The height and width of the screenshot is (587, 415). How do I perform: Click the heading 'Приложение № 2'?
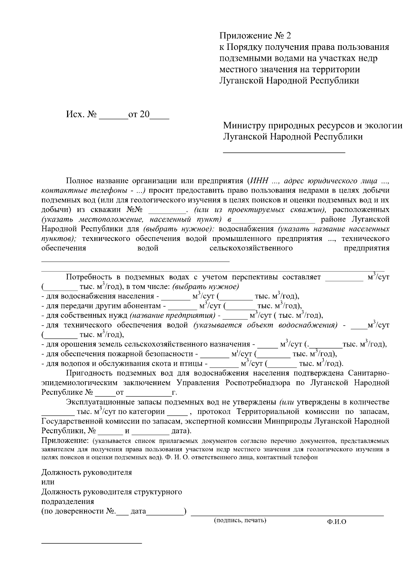[256, 36]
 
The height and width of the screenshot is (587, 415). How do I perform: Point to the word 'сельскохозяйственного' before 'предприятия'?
[251, 248]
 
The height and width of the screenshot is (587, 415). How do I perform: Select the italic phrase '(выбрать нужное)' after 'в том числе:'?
[206, 287]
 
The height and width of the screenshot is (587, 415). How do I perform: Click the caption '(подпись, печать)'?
[240, 520]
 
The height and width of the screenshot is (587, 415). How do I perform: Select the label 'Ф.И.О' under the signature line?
[336, 522]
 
